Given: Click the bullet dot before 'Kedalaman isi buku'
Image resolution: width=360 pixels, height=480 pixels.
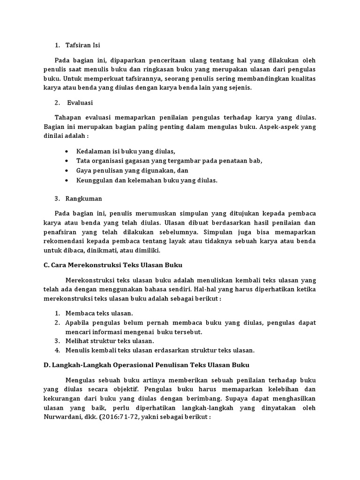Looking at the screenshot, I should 68,151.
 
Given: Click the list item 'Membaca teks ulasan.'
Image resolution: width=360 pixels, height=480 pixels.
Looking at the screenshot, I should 99,313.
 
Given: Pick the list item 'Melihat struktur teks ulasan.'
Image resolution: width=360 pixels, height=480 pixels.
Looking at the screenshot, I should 110,341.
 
